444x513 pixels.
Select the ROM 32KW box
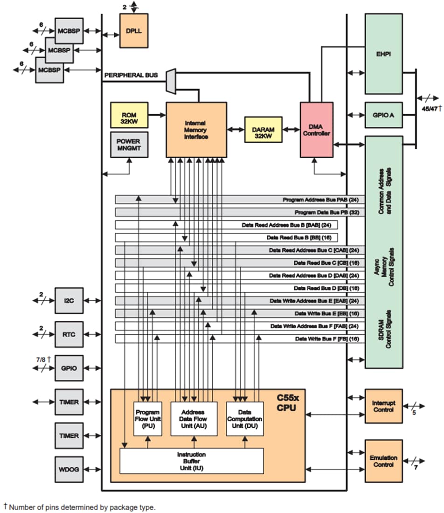tap(129, 115)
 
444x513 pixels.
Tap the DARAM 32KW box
tap(264, 130)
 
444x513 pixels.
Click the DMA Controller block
tap(316, 130)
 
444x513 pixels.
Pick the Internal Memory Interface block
tap(196, 130)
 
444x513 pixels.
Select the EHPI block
tap(383, 54)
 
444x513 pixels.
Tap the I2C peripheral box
tap(69, 301)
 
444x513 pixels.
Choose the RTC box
tap(69, 334)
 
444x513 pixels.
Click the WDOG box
tap(69, 469)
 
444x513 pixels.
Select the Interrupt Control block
tap(383, 406)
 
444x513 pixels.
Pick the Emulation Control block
tap(383, 461)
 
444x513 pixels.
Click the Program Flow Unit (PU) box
tap(148, 418)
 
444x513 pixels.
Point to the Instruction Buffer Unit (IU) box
tap(192, 461)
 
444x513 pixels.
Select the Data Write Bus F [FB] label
tap(327, 339)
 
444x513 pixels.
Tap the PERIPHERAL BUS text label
tap(131, 75)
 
